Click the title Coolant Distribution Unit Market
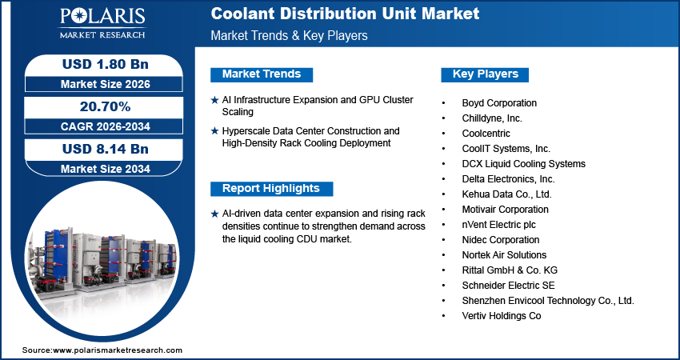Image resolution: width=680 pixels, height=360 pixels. point(345,14)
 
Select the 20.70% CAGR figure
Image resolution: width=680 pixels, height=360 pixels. point(105,106)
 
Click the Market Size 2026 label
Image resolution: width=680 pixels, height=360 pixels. point(105,84)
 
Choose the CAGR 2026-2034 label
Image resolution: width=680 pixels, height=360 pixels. point(105,126)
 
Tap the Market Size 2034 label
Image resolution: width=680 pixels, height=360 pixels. point(105,169)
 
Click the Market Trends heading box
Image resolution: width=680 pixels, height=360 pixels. point(262,74)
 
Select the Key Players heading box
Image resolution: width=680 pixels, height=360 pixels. point(486,74)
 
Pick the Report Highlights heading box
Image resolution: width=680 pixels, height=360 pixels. point(270,189)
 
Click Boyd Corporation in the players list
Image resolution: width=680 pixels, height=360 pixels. point(499,103)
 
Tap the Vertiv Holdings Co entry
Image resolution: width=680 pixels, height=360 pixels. point(502,316)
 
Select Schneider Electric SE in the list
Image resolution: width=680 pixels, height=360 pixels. point(508,286)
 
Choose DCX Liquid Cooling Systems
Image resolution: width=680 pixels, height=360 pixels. point(523,164)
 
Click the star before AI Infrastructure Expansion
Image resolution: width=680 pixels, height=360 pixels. point(214,100)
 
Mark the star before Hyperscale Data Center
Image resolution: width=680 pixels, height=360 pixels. point(214,130)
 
